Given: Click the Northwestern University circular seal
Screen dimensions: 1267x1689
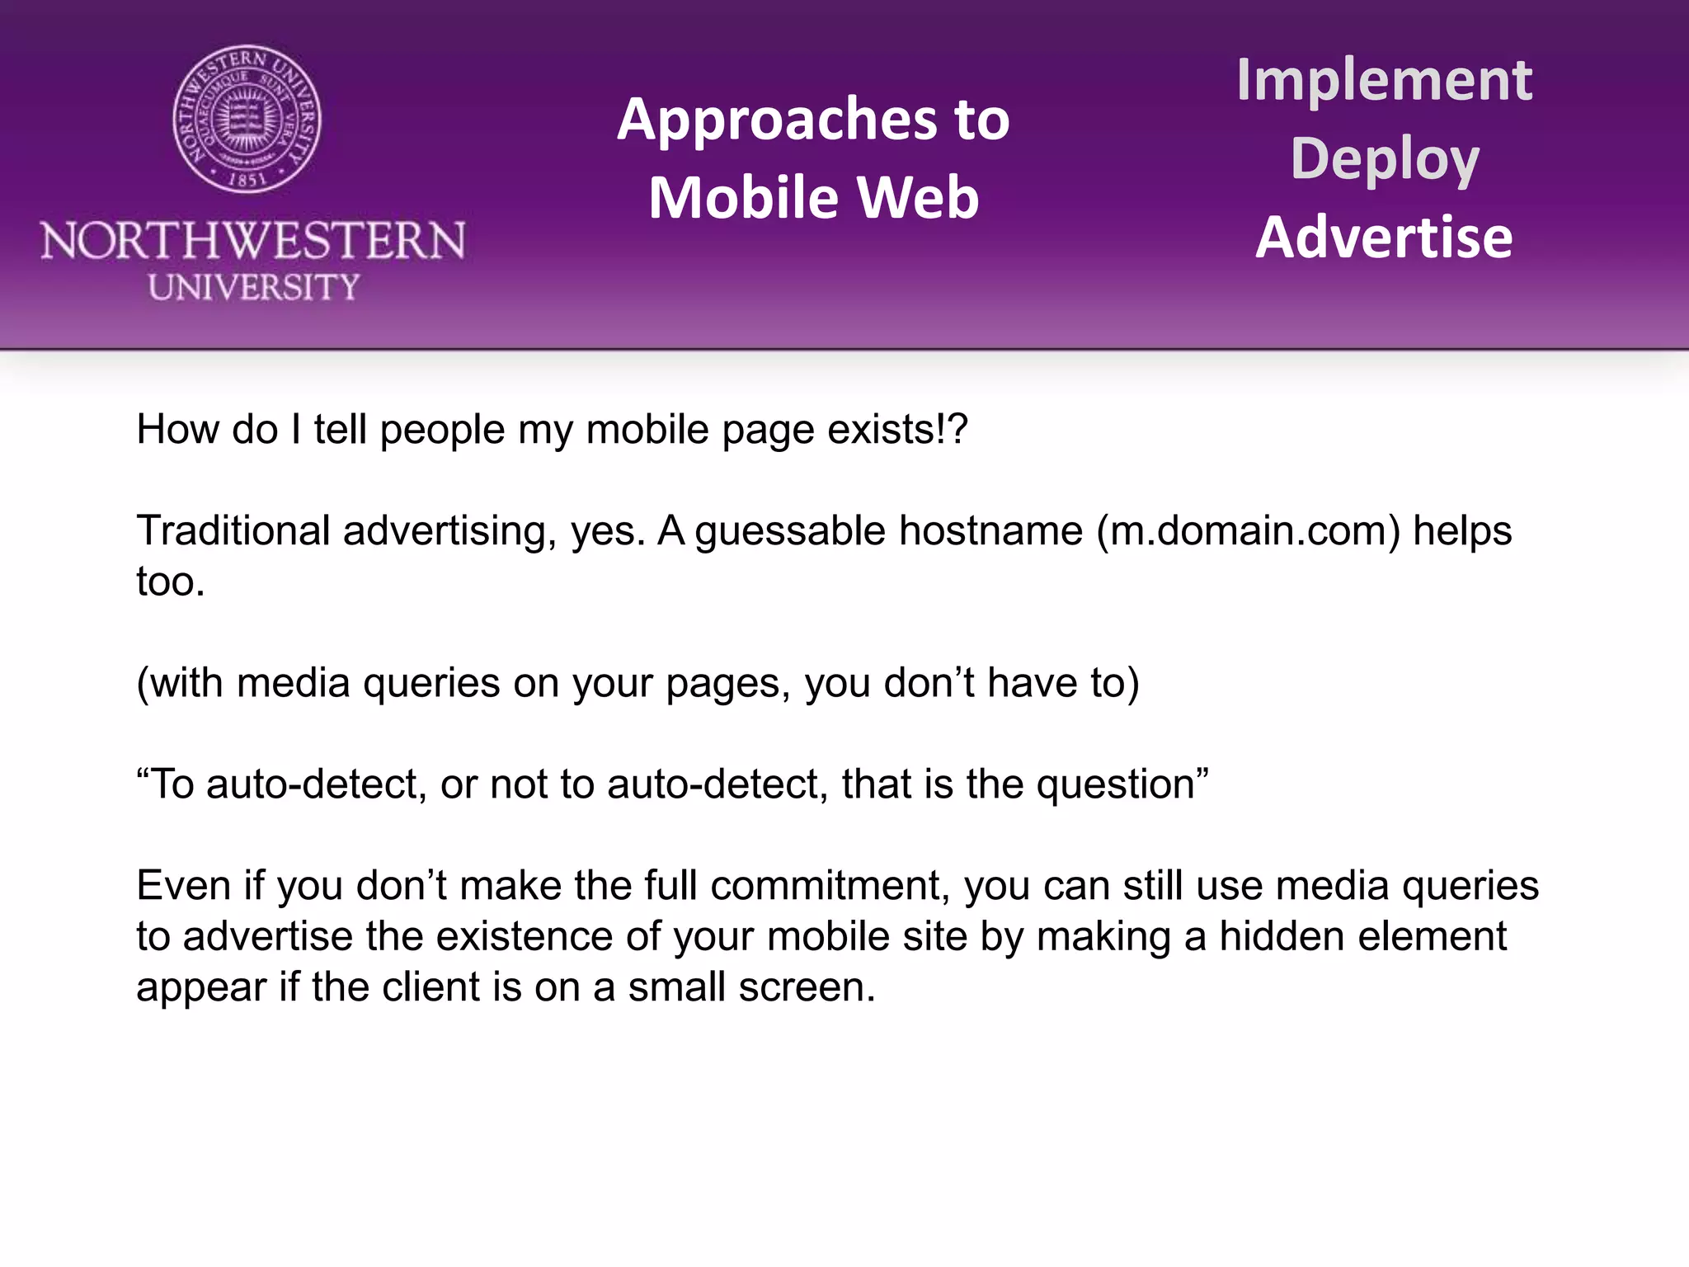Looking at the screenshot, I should (247, 120).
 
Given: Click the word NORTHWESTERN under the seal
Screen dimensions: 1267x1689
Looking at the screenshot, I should (253, 241).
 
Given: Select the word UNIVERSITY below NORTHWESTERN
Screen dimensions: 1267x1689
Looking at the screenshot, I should (254, 288).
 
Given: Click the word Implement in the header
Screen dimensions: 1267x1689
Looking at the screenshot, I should (1384, 80).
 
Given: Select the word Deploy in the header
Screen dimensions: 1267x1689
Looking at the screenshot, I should (1385, 159).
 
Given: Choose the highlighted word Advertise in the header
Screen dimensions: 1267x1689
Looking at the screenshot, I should (1384, 238).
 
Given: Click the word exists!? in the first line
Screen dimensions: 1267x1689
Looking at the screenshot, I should (897, 430).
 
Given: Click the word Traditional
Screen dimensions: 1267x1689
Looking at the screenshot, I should (233, 530).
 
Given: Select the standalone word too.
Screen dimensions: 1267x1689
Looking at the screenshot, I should (170, 582).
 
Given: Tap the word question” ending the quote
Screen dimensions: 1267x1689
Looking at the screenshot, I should (1122, 784).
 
